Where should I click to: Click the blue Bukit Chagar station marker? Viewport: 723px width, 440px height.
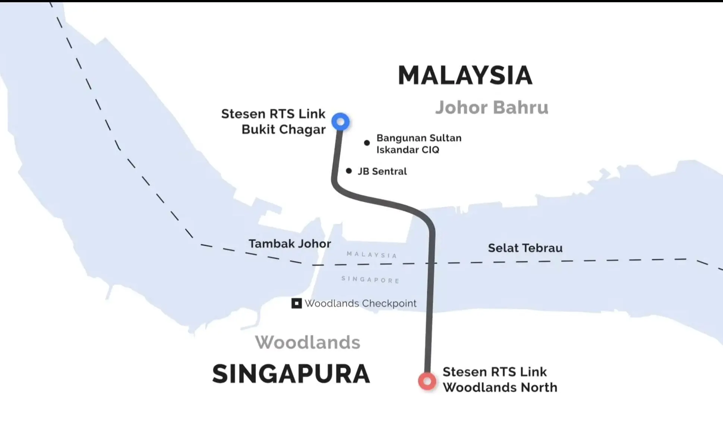tap(340, 122)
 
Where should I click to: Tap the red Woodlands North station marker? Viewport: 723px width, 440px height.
tap(427, 381)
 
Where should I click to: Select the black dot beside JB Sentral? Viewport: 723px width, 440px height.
tap(349, 171)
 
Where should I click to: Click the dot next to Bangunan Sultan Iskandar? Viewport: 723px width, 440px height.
tap(367, 143)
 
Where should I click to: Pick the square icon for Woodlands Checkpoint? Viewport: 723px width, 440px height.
tap(296, 303)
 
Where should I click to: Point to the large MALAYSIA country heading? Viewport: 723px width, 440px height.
tap(465, 76)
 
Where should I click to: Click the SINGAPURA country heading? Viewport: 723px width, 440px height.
tap(291, 374)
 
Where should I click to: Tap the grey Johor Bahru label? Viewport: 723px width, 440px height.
tap(492, 108)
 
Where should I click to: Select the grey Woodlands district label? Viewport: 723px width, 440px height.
tap(307, 342)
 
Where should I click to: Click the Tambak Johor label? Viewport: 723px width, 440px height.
tap(290, 244)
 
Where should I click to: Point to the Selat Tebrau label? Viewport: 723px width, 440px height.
tap(525, 248)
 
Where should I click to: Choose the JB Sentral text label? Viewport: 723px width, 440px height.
tap(382, 171)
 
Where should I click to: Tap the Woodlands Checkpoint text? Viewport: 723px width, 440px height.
tap(360, 303)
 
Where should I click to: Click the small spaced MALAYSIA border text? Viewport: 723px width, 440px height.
tap(372, 255)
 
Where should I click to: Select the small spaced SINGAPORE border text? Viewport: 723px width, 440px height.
tap(370, 280)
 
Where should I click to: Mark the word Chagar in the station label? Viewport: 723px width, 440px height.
tap(302, 130)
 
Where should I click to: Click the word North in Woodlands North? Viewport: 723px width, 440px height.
tap(539, 388)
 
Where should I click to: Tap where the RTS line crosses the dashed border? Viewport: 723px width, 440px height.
tap(432, 263)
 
